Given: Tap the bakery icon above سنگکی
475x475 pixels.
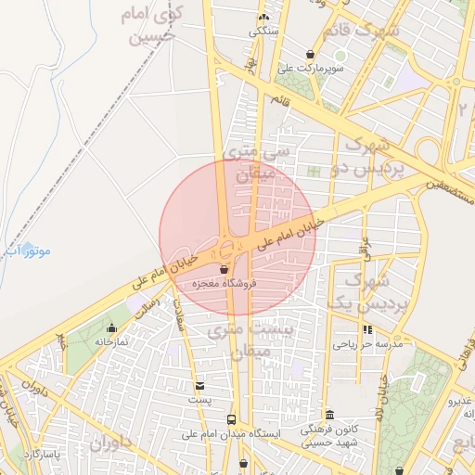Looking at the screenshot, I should tap(263, 18).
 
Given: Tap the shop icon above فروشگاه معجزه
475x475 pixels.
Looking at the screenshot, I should tap(224, 269).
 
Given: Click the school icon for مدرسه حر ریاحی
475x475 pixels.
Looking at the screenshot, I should tap(367, 329).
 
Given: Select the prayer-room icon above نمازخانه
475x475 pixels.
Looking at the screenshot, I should tap(112, 327).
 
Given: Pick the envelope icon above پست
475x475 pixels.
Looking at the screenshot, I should tap(200, 385).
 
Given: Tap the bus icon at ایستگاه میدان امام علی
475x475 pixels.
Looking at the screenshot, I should tap(231, 419).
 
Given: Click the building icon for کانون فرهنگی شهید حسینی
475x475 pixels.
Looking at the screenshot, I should tap(330, 414).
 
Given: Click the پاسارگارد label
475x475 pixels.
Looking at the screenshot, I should tap(42, 454).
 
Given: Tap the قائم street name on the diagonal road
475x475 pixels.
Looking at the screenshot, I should tap(280, 98).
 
